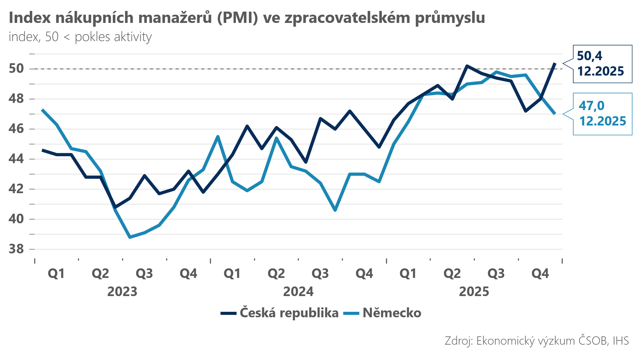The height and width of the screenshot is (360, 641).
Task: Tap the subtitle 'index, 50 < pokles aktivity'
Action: [80, 37]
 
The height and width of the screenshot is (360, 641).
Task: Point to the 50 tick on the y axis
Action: [16, 69]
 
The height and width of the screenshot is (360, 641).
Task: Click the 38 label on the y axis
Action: [16, 249]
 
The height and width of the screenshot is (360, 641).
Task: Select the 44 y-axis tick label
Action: [16, 159]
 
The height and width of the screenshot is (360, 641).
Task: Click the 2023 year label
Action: [122, 292]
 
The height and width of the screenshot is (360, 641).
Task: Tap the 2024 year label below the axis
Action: [298, 292]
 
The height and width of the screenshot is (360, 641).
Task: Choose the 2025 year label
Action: [474, 292]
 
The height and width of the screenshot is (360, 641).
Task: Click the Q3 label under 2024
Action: [320, 274]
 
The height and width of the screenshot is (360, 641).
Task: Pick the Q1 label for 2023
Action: [56, 274]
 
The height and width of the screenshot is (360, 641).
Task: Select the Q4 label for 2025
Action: [540, 274]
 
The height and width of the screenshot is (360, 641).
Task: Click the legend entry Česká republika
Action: [289, 313]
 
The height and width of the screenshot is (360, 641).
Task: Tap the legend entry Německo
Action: [392, 313]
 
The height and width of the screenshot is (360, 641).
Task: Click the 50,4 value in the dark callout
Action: [589, 56]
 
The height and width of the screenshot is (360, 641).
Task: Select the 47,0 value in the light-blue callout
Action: [591, 106]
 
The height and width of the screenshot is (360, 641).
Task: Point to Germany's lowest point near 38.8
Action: [130, 237]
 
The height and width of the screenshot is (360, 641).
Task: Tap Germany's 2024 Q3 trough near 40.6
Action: [335, 210]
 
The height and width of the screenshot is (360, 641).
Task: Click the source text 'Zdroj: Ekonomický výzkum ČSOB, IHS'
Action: [536, 341]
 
